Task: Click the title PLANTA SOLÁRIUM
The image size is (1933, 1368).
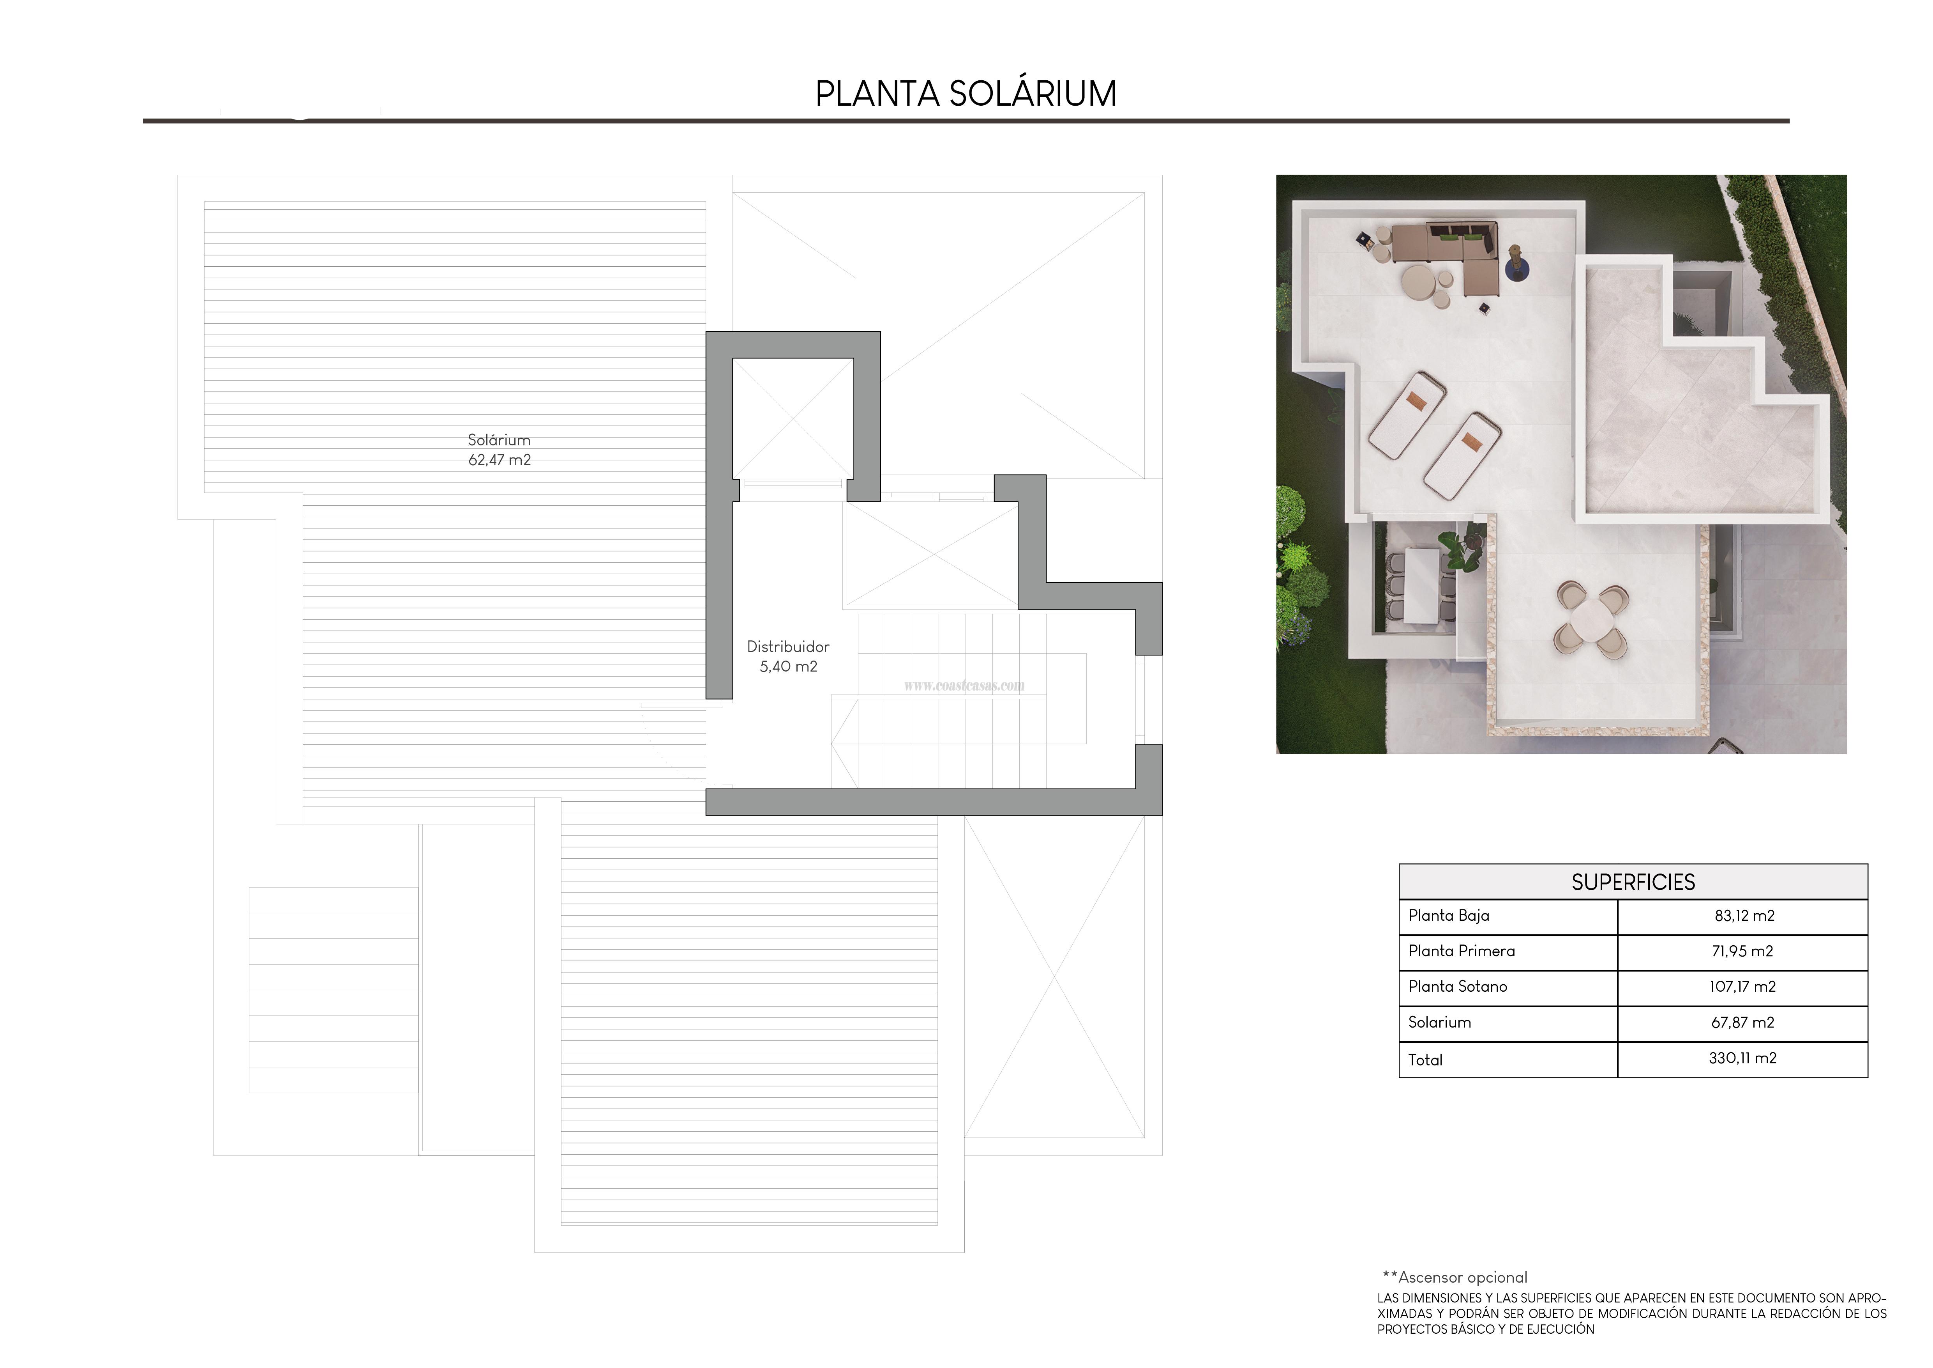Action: point(966,94)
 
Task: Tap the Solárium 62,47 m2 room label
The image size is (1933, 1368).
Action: point(499,450)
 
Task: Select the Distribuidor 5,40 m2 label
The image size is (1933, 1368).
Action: point(788,656)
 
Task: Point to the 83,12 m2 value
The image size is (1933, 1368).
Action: point(1744,916)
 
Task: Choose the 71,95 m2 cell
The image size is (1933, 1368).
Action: point(1742,951)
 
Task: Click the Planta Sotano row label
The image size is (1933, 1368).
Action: point(1457,986)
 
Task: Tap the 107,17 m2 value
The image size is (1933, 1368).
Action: point(1742,986)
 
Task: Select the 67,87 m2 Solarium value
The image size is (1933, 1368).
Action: point(1742,1022)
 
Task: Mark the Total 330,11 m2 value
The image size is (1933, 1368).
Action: point(1742,1058)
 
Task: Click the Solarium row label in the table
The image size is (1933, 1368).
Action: point(1440,1022)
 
